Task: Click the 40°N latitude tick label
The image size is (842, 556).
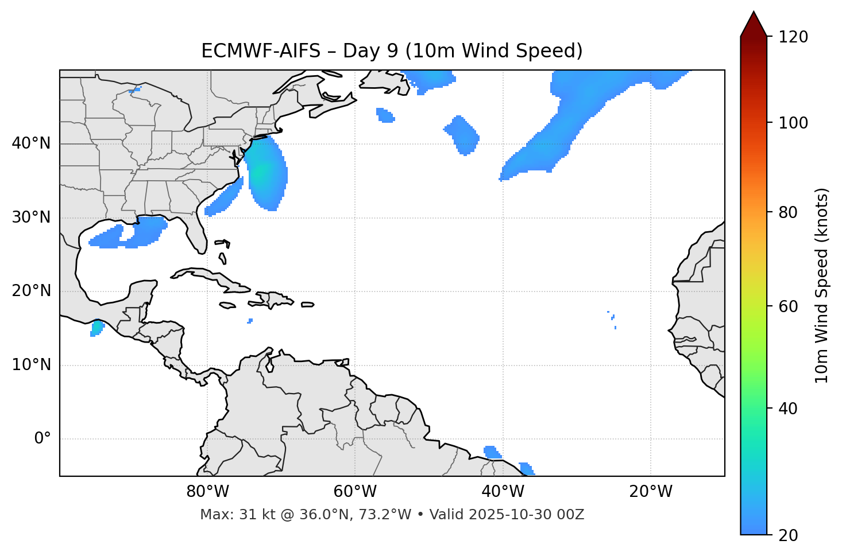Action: (31, 143)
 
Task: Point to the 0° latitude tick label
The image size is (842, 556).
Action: (43, 439)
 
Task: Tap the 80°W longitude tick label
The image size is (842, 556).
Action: (207, 492)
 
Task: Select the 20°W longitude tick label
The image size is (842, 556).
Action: (651, 492)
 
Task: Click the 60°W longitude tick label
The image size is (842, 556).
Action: (355, 492)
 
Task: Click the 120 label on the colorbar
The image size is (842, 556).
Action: (793, 37)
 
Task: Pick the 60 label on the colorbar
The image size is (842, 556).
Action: (790, 306)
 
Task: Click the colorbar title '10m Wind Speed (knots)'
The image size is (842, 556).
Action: (822, 286)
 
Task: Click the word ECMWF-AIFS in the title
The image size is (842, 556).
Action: (260, 51)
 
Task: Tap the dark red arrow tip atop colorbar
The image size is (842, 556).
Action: (753, 24)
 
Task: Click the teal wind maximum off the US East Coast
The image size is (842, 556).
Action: (262, 172)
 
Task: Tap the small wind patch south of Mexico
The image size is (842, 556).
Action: (96, 329)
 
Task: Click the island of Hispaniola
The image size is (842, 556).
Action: (273, 299)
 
